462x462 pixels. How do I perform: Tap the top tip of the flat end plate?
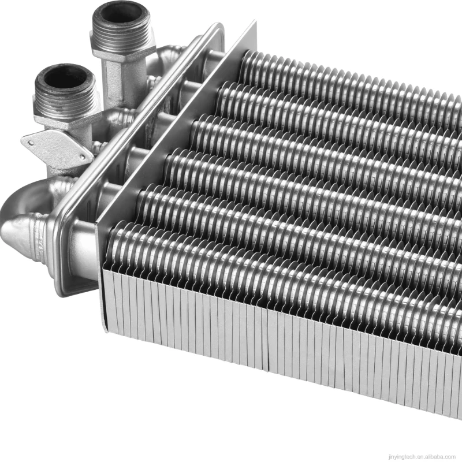(x=252, y=24)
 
